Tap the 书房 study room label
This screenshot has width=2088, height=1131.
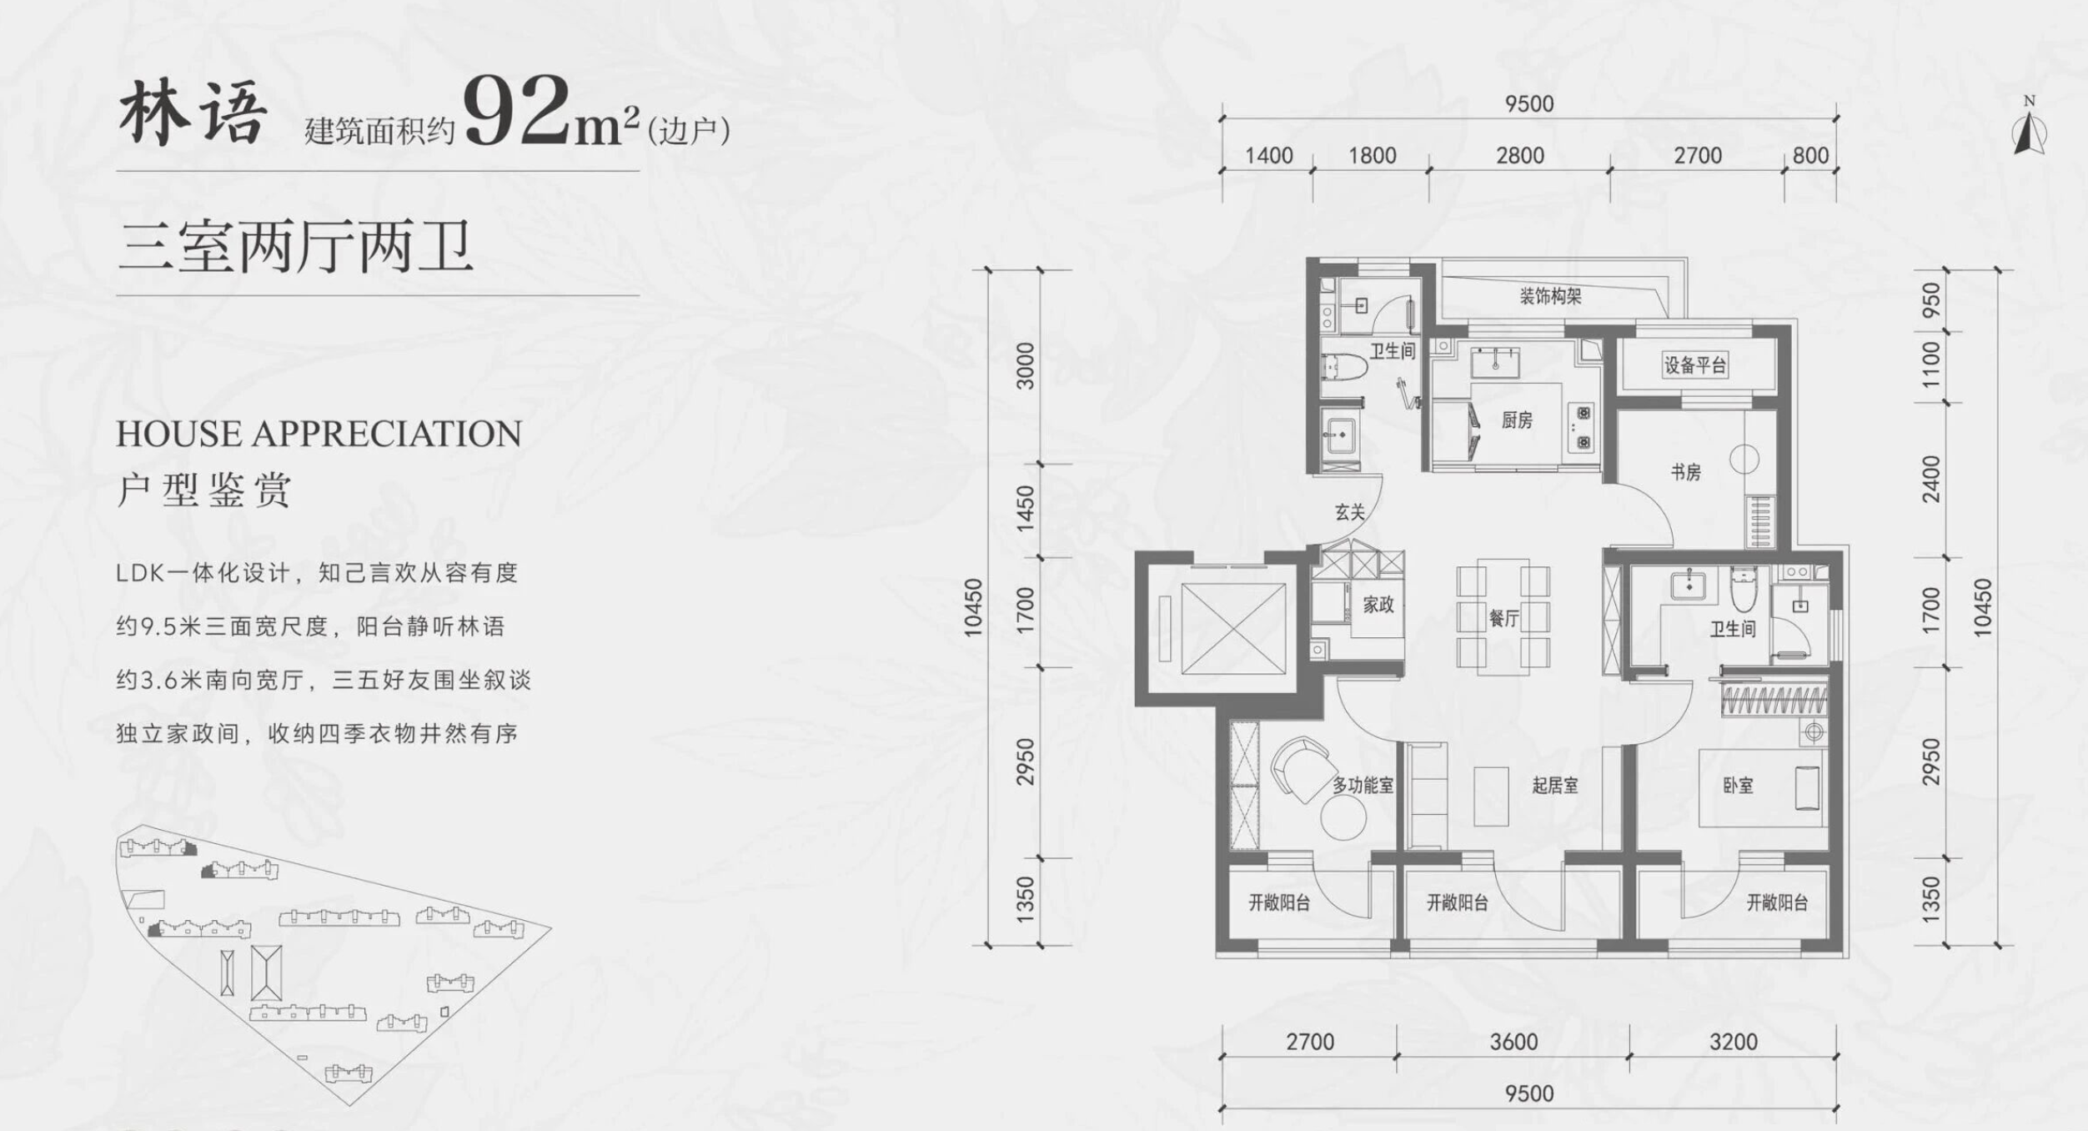click(1685, 472)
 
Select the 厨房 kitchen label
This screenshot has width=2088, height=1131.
click(1517, 420)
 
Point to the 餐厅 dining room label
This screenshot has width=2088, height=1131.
click(1503, 618)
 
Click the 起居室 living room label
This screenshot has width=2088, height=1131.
click(1555, 785)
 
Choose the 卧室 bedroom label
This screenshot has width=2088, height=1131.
click(1738, 785)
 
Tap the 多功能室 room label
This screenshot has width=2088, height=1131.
click(1363, 785)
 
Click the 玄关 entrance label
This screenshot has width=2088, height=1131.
click(1350, 512)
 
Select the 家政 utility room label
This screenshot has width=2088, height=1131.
click(1378, 604)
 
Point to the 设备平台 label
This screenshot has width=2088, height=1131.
click(1695, 364)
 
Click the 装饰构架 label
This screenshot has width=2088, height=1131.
click(1550, 296)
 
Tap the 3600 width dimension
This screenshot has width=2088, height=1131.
click(1513, 1042)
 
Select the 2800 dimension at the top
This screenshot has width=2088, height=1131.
click(1519, 155)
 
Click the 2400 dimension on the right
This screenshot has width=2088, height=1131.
click(1931, 479)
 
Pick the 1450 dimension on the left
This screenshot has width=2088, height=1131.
click(1025, 508)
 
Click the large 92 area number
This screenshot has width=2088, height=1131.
click(517, 110)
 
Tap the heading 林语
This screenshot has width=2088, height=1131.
click(193, 113)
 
